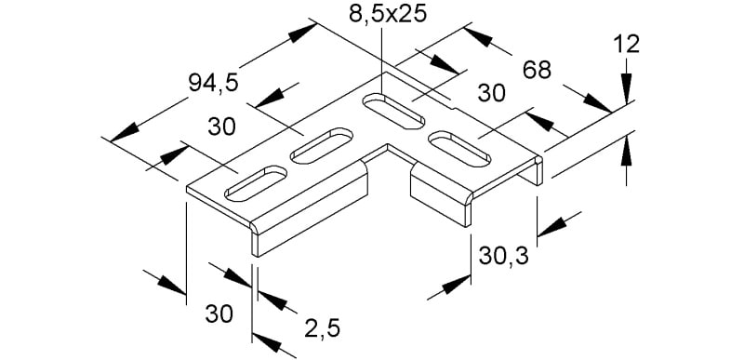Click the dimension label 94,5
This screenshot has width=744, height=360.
213,84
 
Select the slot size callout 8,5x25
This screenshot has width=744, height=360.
388,14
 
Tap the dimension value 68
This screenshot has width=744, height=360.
537,71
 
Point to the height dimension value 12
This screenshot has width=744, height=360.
626,45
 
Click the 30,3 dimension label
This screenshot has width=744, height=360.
503,257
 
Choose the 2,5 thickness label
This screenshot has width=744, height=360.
322,328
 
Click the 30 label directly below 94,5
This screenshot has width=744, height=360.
221,127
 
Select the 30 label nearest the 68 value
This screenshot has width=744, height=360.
492,93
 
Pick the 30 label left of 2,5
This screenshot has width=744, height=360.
219,314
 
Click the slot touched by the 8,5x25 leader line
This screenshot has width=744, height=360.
393,111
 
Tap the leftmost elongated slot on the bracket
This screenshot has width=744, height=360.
256,182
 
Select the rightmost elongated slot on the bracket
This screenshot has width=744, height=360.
459,149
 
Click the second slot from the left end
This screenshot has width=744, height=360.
322,146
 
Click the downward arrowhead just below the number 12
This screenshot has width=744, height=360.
626,88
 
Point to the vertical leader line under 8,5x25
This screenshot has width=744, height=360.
381,60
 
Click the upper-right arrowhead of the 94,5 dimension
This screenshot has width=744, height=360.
302,33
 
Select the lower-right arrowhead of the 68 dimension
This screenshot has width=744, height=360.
597,103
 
